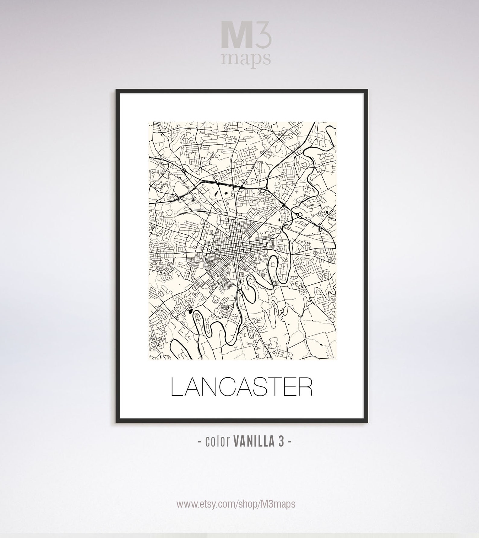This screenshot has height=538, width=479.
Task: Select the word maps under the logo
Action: click(x=245, y=59)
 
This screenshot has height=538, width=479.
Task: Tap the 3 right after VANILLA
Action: click(x=281, y=442)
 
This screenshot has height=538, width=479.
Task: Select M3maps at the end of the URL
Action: click(x=277, y=504)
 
